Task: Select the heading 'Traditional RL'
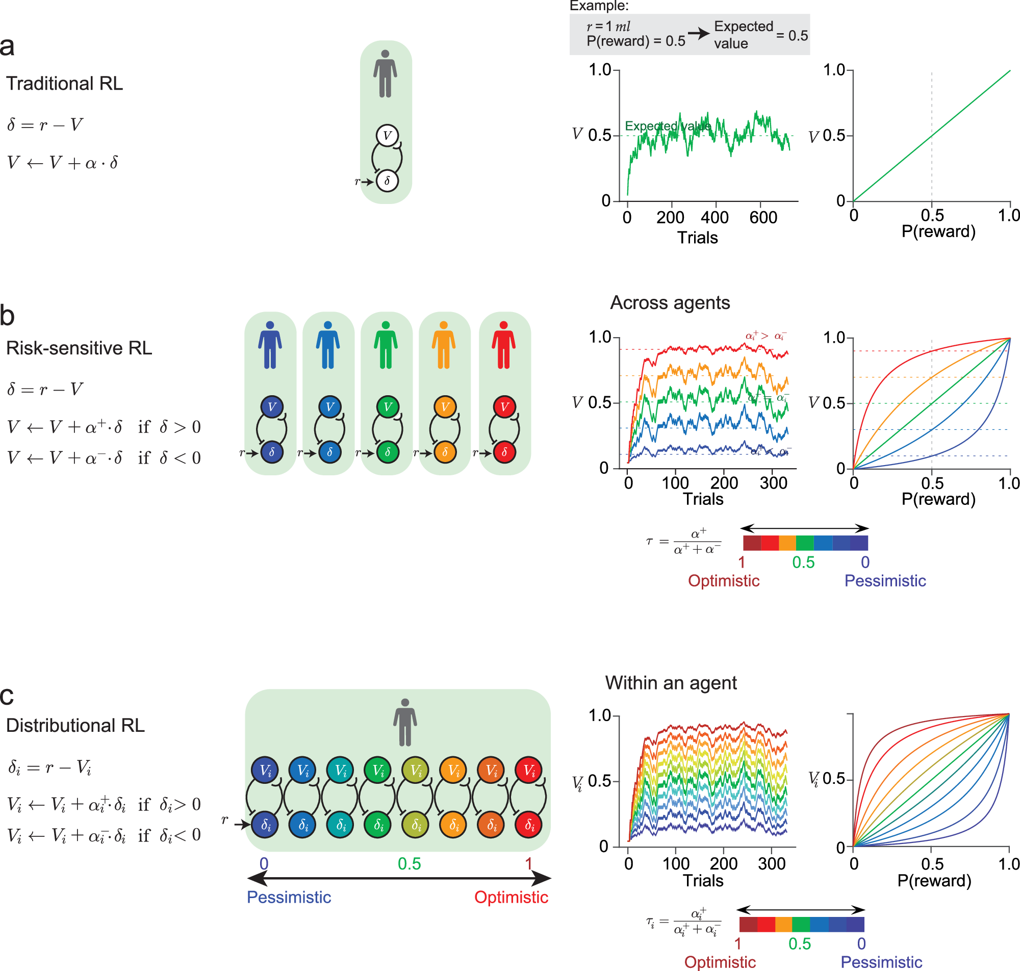click(64, 83)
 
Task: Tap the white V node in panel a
click(387, 136)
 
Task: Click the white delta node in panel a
click(387, 181)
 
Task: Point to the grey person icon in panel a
click(385, 74)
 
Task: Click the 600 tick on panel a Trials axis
click(763, 217)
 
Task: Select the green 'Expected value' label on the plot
click(668, 126)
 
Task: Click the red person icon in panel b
click(503, 345)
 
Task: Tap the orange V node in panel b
click(445, 407)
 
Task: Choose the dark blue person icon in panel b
click(270, 345)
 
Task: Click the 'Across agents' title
click(670, 303)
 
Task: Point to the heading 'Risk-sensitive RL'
click(79, 348)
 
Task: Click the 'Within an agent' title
click(671, 683)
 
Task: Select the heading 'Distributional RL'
click(75, 726)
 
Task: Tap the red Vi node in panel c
click(529, 771)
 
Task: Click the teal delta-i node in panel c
click(341, 825)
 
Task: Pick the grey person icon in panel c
click(405, 723)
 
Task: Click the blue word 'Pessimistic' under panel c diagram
click(289, 897)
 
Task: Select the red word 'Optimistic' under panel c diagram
click(511, 897)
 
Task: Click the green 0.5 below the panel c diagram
click(409, 863)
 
